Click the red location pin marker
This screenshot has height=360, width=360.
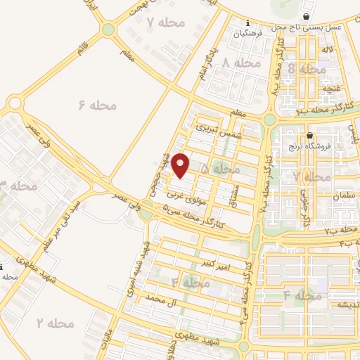coord(181,165)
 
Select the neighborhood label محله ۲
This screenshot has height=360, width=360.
coord(56,323)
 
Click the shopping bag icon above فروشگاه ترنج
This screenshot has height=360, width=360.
coord(309,135)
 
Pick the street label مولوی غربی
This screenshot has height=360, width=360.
coord(186,198)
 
